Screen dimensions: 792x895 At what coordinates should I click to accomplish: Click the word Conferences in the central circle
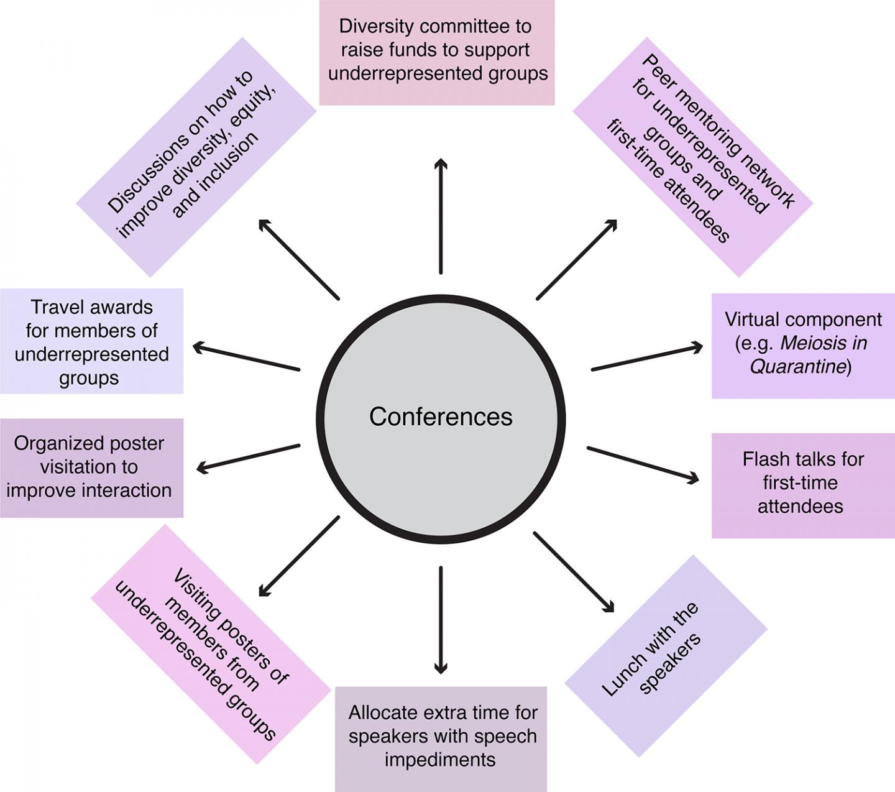pos(441,417)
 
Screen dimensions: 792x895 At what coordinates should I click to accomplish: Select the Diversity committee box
pos(437,52)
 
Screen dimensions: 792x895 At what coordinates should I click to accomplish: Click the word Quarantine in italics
pos(798,367)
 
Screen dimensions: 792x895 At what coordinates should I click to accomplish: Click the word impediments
pos(440,760)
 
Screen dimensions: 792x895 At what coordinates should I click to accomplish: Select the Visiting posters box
pos(211,644)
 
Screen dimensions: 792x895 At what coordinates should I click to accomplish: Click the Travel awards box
pos(91,341)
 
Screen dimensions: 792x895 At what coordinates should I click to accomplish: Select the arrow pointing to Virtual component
pos(646,358)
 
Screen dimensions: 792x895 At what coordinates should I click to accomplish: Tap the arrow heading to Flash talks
pos(643,464)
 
